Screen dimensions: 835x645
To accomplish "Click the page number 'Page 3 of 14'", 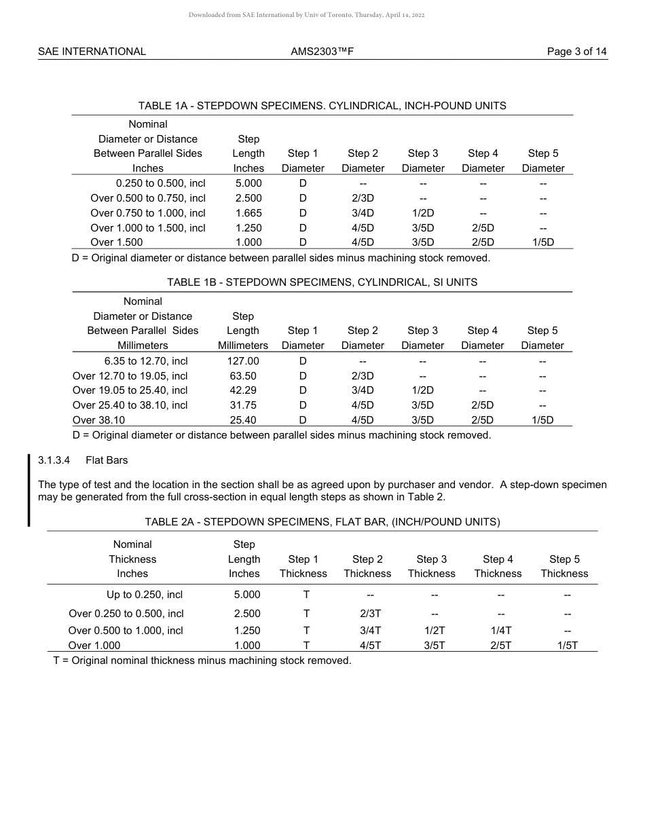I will (576, 52).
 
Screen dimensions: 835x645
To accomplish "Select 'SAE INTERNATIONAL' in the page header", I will (92, 52).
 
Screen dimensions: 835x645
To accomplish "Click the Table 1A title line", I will (322, 106).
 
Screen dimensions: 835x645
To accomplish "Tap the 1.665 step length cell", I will (248, 213).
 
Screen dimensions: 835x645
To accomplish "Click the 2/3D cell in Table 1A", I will (363, 198).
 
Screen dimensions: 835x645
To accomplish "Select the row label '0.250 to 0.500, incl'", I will (161, 183).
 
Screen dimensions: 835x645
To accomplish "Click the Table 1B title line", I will (322, 282).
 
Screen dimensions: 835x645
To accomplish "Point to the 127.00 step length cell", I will (243, 361).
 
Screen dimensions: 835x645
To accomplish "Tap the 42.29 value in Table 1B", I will (243, 390).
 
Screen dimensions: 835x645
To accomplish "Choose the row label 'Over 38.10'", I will (98, 420).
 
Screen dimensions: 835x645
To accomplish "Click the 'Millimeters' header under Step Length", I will (243, 346).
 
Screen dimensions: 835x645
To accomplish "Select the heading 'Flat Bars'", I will (107, 460).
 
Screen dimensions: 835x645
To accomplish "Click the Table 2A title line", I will (322, 522).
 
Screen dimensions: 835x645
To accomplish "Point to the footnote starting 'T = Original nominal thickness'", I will (202, 661).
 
